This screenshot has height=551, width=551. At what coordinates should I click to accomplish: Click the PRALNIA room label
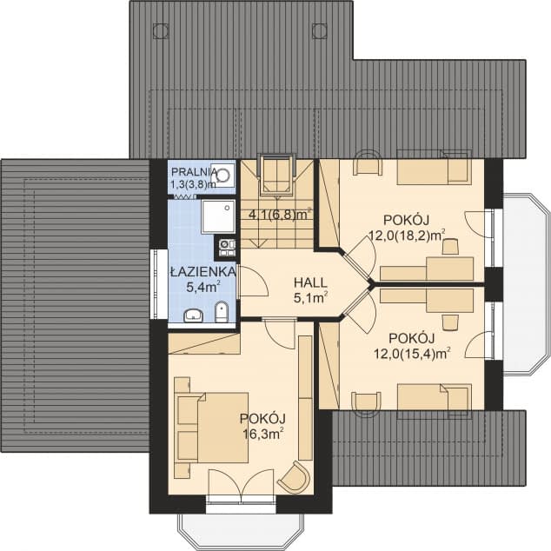pyautogui.click(x=194, y=172)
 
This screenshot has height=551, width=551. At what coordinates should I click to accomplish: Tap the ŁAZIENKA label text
pyautogui.click(x=202, y=272)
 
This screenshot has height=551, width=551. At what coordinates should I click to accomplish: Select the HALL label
pyautogui.click(x=310, y=282)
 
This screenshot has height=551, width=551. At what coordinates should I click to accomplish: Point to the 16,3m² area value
pyautogui.click(x=263, y=435)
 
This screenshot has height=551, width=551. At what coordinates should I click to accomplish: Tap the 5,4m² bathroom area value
pyautogui.click(x=203, y=288)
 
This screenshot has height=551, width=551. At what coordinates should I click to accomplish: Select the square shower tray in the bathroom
pyautogui.click(x=218, y=216)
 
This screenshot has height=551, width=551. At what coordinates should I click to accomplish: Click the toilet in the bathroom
pyautogui.click(x=222, y=312)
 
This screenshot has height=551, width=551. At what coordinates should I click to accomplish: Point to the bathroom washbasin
pyautogui.click(x=193, y=315)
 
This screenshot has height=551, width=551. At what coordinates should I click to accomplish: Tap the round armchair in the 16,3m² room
pyautogui.click(x=295, y=477)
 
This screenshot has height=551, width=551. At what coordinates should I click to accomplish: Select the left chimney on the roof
pyautogui.click(x=161, y=30)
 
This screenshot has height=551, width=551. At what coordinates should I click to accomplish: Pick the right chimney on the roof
pyautogui.click(x=320, y=30)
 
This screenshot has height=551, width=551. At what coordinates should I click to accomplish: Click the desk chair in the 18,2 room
pyautogui.click(x=450, y=246)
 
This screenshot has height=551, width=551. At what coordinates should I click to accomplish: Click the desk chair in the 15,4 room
pyautogui.click(x=450, y=322)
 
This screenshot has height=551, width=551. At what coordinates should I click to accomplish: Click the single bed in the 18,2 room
pyautogui.click(x=435, y=168)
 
